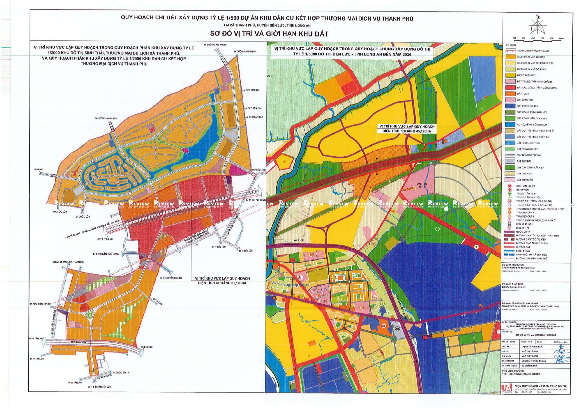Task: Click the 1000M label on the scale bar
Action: point(559,45)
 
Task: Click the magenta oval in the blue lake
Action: point(185,150)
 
